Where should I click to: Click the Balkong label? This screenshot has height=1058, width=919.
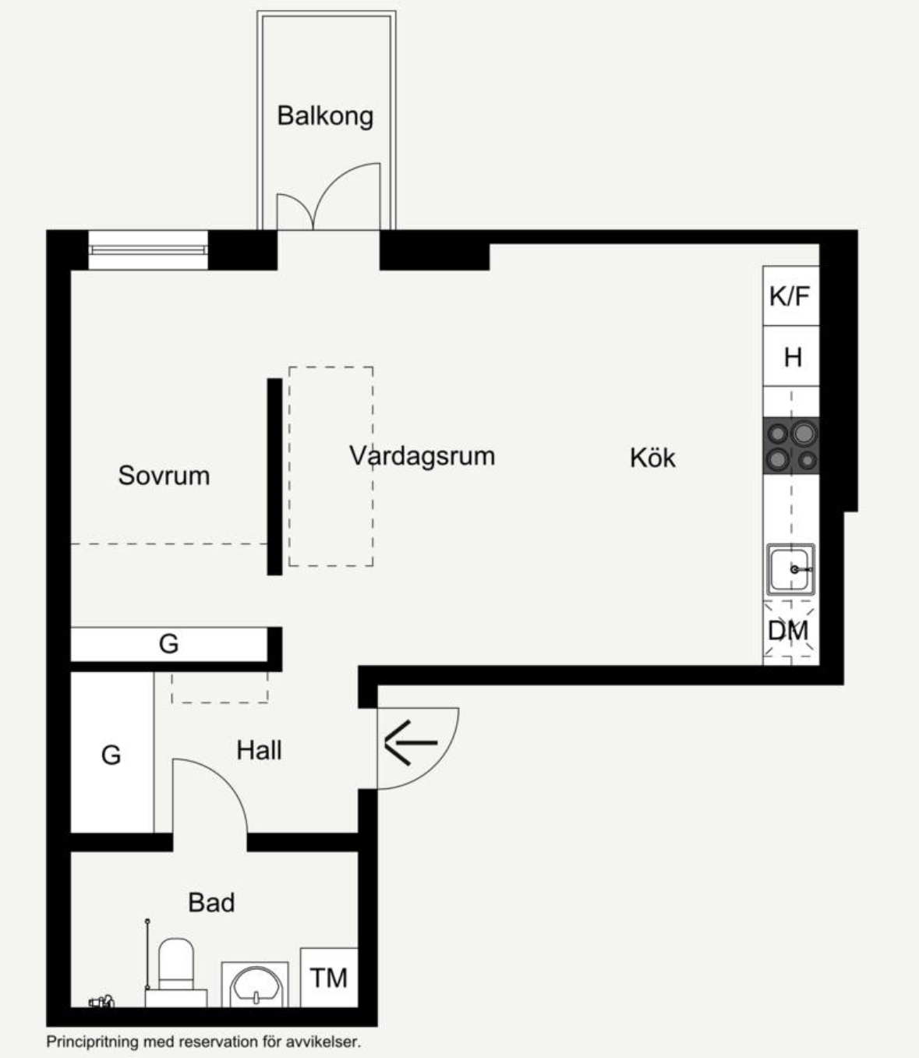(x=325, y=116)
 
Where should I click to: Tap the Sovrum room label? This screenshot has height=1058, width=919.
(x=164, y=476)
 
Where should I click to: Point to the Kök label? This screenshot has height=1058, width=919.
(x=652, y=458)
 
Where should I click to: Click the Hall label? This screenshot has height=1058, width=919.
(x=259, y=750)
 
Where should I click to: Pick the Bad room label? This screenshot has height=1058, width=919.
(x=211, y=902)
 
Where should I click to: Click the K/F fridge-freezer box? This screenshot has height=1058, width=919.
(x=791, y=295)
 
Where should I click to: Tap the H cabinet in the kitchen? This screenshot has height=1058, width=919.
(x=791, y=356)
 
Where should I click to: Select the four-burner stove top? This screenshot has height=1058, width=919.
(x=791, y=446)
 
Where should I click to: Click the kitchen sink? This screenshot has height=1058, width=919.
(x=790, y=569)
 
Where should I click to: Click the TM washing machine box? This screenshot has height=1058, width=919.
(x=329, y=978)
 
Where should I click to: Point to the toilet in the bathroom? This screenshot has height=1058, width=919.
(x=175, y=973)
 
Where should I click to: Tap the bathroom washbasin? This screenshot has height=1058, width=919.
(x=255, y=985)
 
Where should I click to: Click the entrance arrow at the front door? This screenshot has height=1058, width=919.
(x=411, y=742)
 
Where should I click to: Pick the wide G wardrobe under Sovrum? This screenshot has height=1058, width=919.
(x=169, y=644)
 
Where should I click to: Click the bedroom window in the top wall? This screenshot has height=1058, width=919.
(x=148, y=250)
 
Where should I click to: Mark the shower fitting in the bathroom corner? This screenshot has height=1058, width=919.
(x=102, y=1002)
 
